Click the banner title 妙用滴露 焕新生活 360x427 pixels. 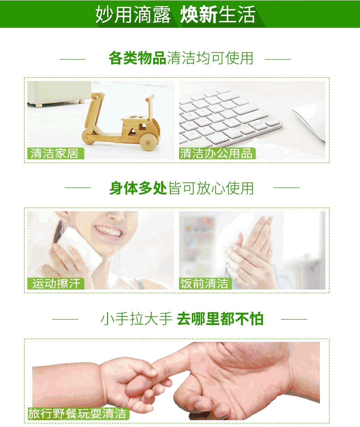click(175, 15)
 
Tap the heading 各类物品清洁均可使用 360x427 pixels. click(181, 58)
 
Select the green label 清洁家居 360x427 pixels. click(56, 153)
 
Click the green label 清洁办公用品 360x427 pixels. click(217, 153)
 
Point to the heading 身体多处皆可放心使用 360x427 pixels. click(182, 188)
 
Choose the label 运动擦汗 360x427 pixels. click(56, 284)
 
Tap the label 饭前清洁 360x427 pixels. click(206, 284)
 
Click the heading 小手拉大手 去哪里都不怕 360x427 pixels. click(182, 319)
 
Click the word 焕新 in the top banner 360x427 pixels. click(199, 15)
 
